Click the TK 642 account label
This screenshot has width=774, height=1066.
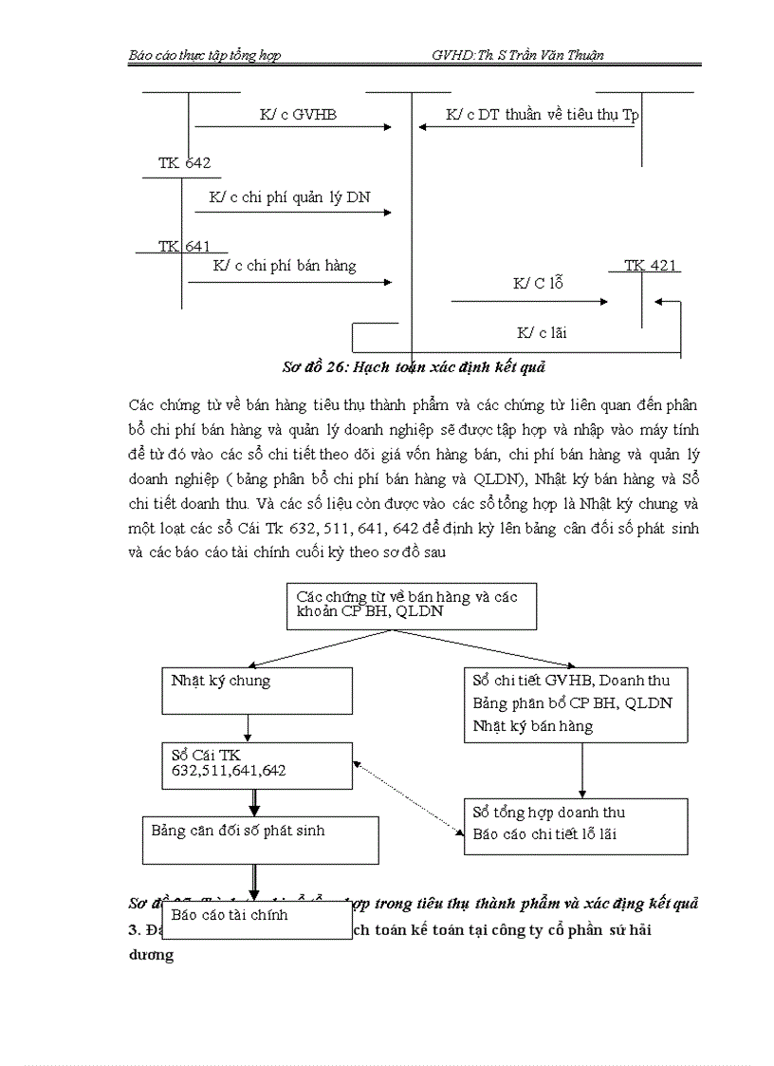[184, 163]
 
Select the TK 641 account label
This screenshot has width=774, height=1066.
[184, 247]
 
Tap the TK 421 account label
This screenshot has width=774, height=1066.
[651, 266]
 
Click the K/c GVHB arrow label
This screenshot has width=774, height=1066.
[298, 115]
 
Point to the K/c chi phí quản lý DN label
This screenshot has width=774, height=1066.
[289, 197]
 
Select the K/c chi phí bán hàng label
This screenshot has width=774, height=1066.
[285, 266]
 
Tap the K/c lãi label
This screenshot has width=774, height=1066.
[543, 332]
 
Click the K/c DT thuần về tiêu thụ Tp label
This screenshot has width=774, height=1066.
[543, 115]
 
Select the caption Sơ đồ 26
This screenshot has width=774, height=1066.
[414, 365]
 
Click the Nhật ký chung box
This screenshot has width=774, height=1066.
[257, 690]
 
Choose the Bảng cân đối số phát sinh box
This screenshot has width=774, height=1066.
[260, 839]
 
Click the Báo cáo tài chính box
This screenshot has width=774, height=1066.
[256, 920]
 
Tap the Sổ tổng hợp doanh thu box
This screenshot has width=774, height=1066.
[576, 825]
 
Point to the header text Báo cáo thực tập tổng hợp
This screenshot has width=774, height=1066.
[205, 55]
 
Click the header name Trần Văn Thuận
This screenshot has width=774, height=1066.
[556, 55]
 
